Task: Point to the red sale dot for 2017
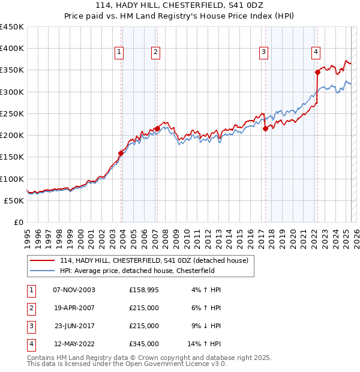(265, 128)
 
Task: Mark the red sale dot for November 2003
(121, 153)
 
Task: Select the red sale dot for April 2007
(157, 128)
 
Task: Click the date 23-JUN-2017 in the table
(74, 326)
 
